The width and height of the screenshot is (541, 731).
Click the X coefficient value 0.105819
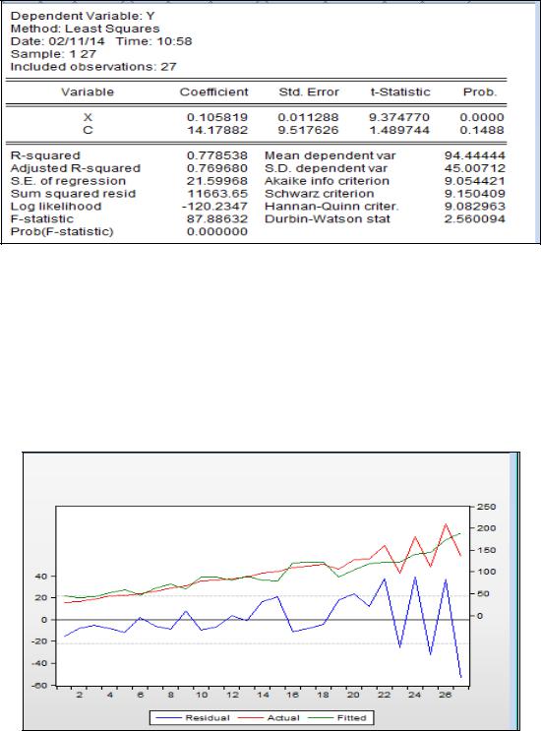[x=217, y=117]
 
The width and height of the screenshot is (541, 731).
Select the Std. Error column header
[x=309, y=91]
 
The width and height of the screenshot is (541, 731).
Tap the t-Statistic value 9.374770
[x=399, y=117]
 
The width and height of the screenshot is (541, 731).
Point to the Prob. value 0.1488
[x=482, y=130]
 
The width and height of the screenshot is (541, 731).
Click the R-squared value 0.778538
[x=217, y=155]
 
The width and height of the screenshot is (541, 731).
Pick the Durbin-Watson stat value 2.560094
[x=475, y=218]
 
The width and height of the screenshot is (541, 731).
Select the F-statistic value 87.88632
[x=217, y=218]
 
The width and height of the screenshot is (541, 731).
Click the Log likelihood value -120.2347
[x=217, y=206]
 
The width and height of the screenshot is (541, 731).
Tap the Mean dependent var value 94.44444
[x=475, y=155]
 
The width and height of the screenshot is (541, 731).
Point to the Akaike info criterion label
[x=328, y=181]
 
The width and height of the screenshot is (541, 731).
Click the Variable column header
[x=88, y=91]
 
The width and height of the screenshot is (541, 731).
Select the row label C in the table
[x=88, y=130]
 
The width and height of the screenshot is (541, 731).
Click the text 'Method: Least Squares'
[x=86, y=29]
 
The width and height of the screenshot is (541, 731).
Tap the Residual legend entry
[x=193, y=718]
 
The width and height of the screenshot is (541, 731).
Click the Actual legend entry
[x=269, y=718]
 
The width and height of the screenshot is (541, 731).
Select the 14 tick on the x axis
[x=263, y=695]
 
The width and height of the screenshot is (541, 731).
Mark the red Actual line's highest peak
[x=446, y=524]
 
